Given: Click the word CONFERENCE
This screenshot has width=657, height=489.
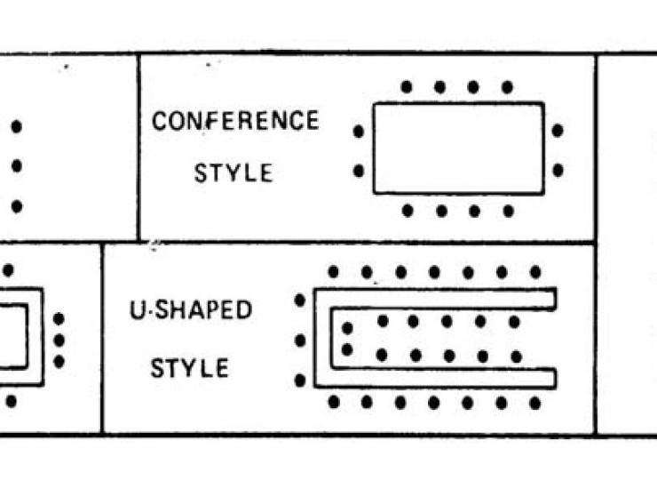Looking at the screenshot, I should pos(235,121).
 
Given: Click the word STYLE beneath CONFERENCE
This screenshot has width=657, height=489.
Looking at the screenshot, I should pos(234,172).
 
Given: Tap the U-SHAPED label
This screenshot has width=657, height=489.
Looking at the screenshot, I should pos(191,310).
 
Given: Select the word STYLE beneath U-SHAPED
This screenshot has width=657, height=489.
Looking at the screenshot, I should pos(189,367).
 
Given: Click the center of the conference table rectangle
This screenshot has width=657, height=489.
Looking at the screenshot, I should pos(458,148).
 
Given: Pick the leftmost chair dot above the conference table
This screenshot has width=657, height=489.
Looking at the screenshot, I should pos(407,87).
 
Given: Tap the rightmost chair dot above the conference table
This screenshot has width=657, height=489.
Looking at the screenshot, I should pos(507,87).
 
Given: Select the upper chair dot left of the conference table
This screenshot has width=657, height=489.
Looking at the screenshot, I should pos(359,131).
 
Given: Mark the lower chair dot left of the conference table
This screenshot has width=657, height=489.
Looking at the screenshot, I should pos(359,170).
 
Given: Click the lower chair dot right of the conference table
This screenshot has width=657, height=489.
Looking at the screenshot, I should pos(558,170).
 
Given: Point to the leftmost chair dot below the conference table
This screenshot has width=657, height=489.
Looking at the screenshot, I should pos(408,211).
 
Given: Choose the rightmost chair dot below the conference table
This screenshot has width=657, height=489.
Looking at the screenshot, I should pos(508,211).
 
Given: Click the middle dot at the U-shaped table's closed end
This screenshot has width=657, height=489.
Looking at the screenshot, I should pos(300,341).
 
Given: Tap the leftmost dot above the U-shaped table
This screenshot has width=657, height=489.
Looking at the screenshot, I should pos(333,272).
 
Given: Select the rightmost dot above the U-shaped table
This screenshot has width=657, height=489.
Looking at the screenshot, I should pos(535,272).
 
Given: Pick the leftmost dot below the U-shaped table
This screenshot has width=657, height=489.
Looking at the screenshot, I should pos(334,402).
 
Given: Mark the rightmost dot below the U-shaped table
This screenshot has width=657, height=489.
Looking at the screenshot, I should pos(535,402).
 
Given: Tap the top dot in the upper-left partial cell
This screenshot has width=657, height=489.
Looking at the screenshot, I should pos(16,127).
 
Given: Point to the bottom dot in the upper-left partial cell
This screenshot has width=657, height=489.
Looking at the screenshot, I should pos(16,206).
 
